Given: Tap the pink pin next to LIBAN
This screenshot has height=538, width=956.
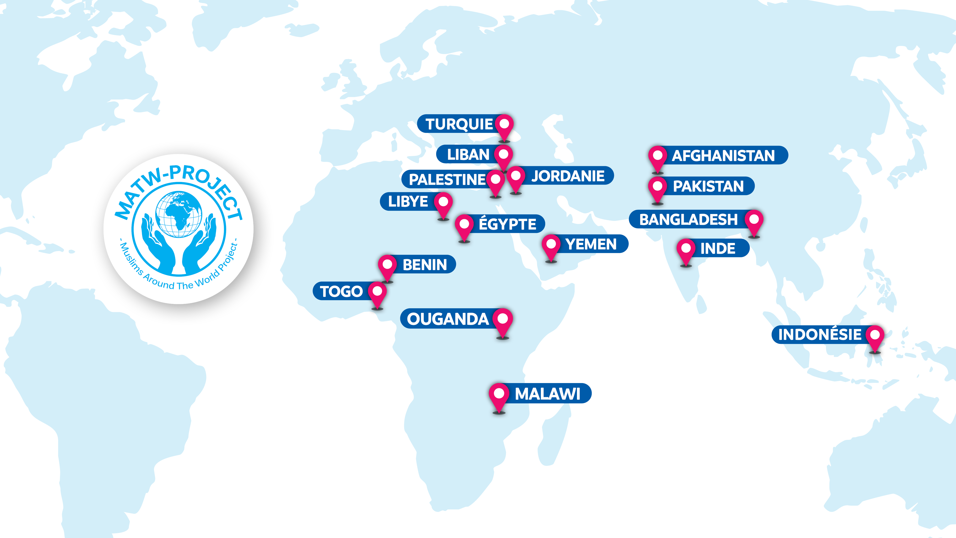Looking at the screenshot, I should pyautogui.click(x=503, y=156).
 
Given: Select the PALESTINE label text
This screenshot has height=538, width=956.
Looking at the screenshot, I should pyautogui.click(x=447, y=180).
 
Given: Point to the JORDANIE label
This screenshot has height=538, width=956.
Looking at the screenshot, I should pyautogui.click(x=568, y=176).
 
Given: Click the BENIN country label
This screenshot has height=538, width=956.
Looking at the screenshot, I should pyautogui.click(x=424, y=265).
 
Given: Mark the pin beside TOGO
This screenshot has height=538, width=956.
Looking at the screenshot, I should pyautogui.click(x=377, y=293).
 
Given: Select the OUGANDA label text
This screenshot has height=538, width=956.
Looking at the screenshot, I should pyautogui.click(x=448, y=319).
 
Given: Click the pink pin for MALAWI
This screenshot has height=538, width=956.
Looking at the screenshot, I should pyautogui.click(x=499, y=396).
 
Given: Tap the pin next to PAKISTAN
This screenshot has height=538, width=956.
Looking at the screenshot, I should pyautogui.click(x=657, y=188).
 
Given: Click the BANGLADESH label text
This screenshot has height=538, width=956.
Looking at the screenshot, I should pyautogui.click(x=688, y=220).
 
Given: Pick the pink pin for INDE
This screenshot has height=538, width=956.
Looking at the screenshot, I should pyautogui.click(x=686, y=251).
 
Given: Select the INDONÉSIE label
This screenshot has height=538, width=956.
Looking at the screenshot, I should pyautogui.click(x=820, y=335).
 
